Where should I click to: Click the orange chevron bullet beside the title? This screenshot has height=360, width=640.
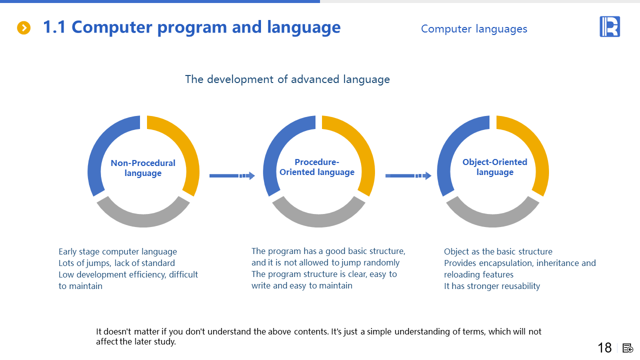[23, 27]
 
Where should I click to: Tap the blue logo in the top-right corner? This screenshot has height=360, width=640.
[609, 26]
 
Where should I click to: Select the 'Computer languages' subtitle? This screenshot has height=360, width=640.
[474, 29]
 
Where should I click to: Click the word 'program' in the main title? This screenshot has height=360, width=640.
[192, 27]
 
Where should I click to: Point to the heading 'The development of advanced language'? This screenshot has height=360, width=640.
[287, 79]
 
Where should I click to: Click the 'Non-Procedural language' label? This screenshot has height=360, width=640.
[143, 168]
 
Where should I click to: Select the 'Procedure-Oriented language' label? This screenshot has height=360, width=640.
[317, 167]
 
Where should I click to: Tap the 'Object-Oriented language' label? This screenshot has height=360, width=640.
[495, 167]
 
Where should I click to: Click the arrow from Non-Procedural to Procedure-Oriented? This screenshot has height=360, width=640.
[232, 175]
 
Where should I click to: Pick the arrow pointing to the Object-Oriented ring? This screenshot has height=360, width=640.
[408, 175]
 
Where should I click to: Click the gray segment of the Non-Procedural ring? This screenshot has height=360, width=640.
[143, 220]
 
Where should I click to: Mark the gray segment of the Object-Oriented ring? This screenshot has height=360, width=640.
[492, 220]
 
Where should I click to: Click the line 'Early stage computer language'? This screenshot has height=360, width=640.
[117, 251]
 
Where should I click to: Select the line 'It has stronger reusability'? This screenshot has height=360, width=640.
[492, 286]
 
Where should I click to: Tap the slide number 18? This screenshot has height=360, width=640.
[604, 347]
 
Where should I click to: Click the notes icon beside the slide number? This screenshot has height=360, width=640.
[627, 348]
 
